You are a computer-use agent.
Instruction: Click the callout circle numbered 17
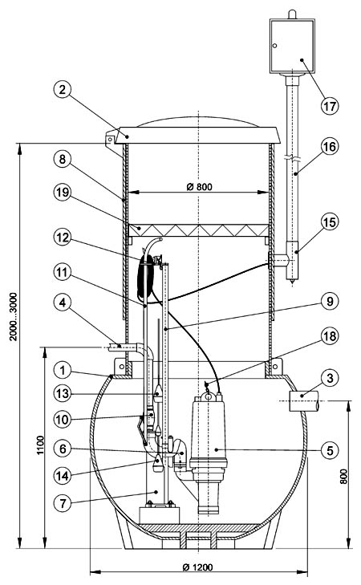click(329, 106)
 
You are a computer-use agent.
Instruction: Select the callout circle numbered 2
click(62, 90)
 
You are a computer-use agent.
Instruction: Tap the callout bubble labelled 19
click(62, 192)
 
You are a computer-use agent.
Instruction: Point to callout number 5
click(330, 450)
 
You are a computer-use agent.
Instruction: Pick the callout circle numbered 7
click(63, 503)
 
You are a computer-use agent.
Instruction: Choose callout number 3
click(330, 378)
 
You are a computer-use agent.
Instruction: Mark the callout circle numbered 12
click(62, 238)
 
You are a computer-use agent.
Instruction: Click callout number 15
click(330, 222)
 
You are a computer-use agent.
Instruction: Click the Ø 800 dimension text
click(199, 186)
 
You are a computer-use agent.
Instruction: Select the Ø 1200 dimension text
click(197, 567)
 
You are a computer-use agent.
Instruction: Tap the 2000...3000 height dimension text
click(14, 316)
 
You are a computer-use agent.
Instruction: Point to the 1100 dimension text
click(40, 445)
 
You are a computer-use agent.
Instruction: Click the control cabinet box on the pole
click(292, 46)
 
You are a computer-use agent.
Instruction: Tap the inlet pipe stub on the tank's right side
click(304, 400)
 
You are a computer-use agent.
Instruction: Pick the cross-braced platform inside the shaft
click(198, 230)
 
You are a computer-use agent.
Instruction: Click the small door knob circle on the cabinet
click(274, 46)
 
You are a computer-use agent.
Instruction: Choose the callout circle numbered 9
click(330, 301)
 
